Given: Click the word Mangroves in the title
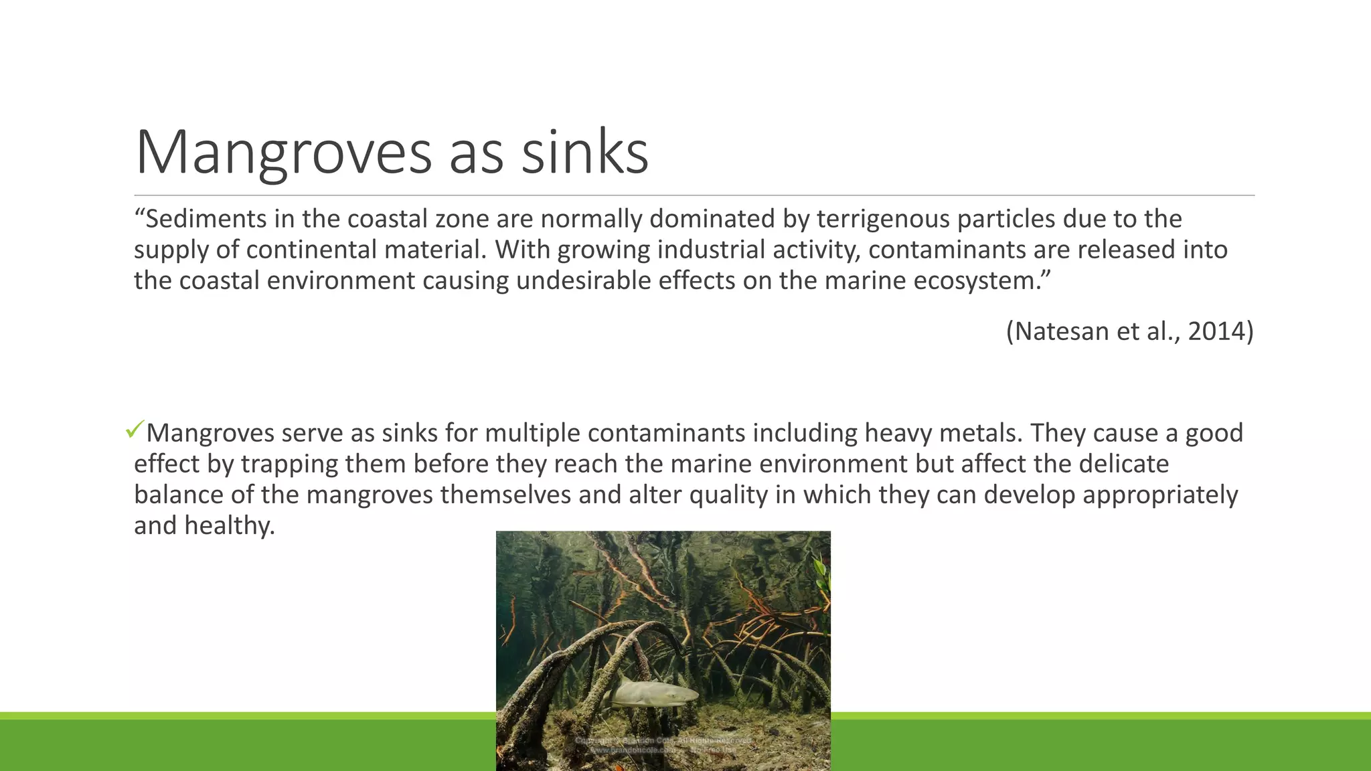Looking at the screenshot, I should point(284,153).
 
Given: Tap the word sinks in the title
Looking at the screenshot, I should point(584,153).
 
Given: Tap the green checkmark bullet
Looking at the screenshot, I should point(135,430).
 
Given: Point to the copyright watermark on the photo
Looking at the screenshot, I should point(663,746).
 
